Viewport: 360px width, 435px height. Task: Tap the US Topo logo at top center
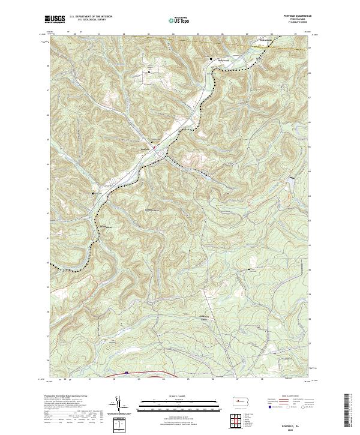click(x=176, y=20)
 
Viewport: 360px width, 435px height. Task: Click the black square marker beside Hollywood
click(x=211, y=58)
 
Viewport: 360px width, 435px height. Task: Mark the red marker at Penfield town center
click(x=154, y=146)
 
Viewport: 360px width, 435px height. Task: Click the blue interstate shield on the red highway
click(x=127, y=373)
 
